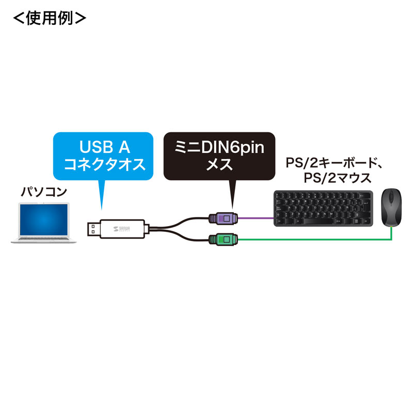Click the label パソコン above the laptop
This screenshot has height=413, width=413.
click(x=44, y=193)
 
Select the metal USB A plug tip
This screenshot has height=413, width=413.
click(x=93, y=228)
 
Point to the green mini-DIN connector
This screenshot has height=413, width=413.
click(x=223, y=239)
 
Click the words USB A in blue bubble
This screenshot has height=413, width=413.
click(x=104, y=148)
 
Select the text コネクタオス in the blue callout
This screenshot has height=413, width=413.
click(x=104, y=165)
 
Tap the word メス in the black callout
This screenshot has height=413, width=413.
click(x=220, y=165)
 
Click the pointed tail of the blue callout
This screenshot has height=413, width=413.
click(x=101, y=199)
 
